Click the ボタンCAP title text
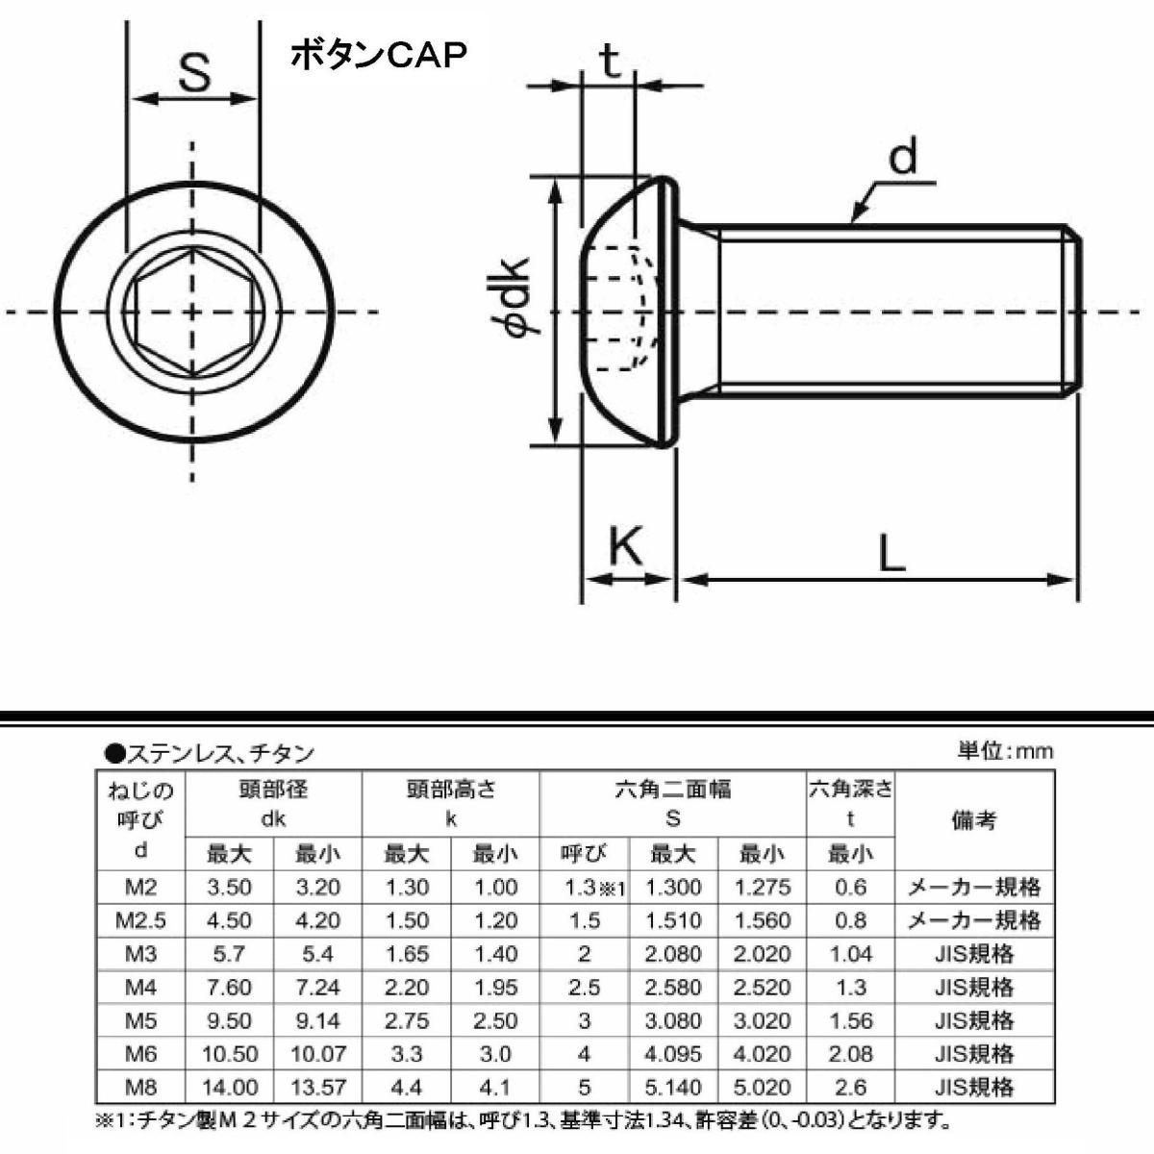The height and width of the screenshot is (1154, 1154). (x=378, y=57)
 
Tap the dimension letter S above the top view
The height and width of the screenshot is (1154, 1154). (x=194, y=72)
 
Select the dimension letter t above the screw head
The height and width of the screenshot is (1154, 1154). (x=610, y=61)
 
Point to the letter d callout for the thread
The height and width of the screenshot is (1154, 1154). (x=902, y=156)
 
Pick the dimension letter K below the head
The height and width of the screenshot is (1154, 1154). (x=625, y=545)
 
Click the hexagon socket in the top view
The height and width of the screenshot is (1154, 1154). (x=192, y=312)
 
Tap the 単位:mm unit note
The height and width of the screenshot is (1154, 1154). (x=1005, y=751)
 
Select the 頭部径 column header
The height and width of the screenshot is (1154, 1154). (x=273, y=790)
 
